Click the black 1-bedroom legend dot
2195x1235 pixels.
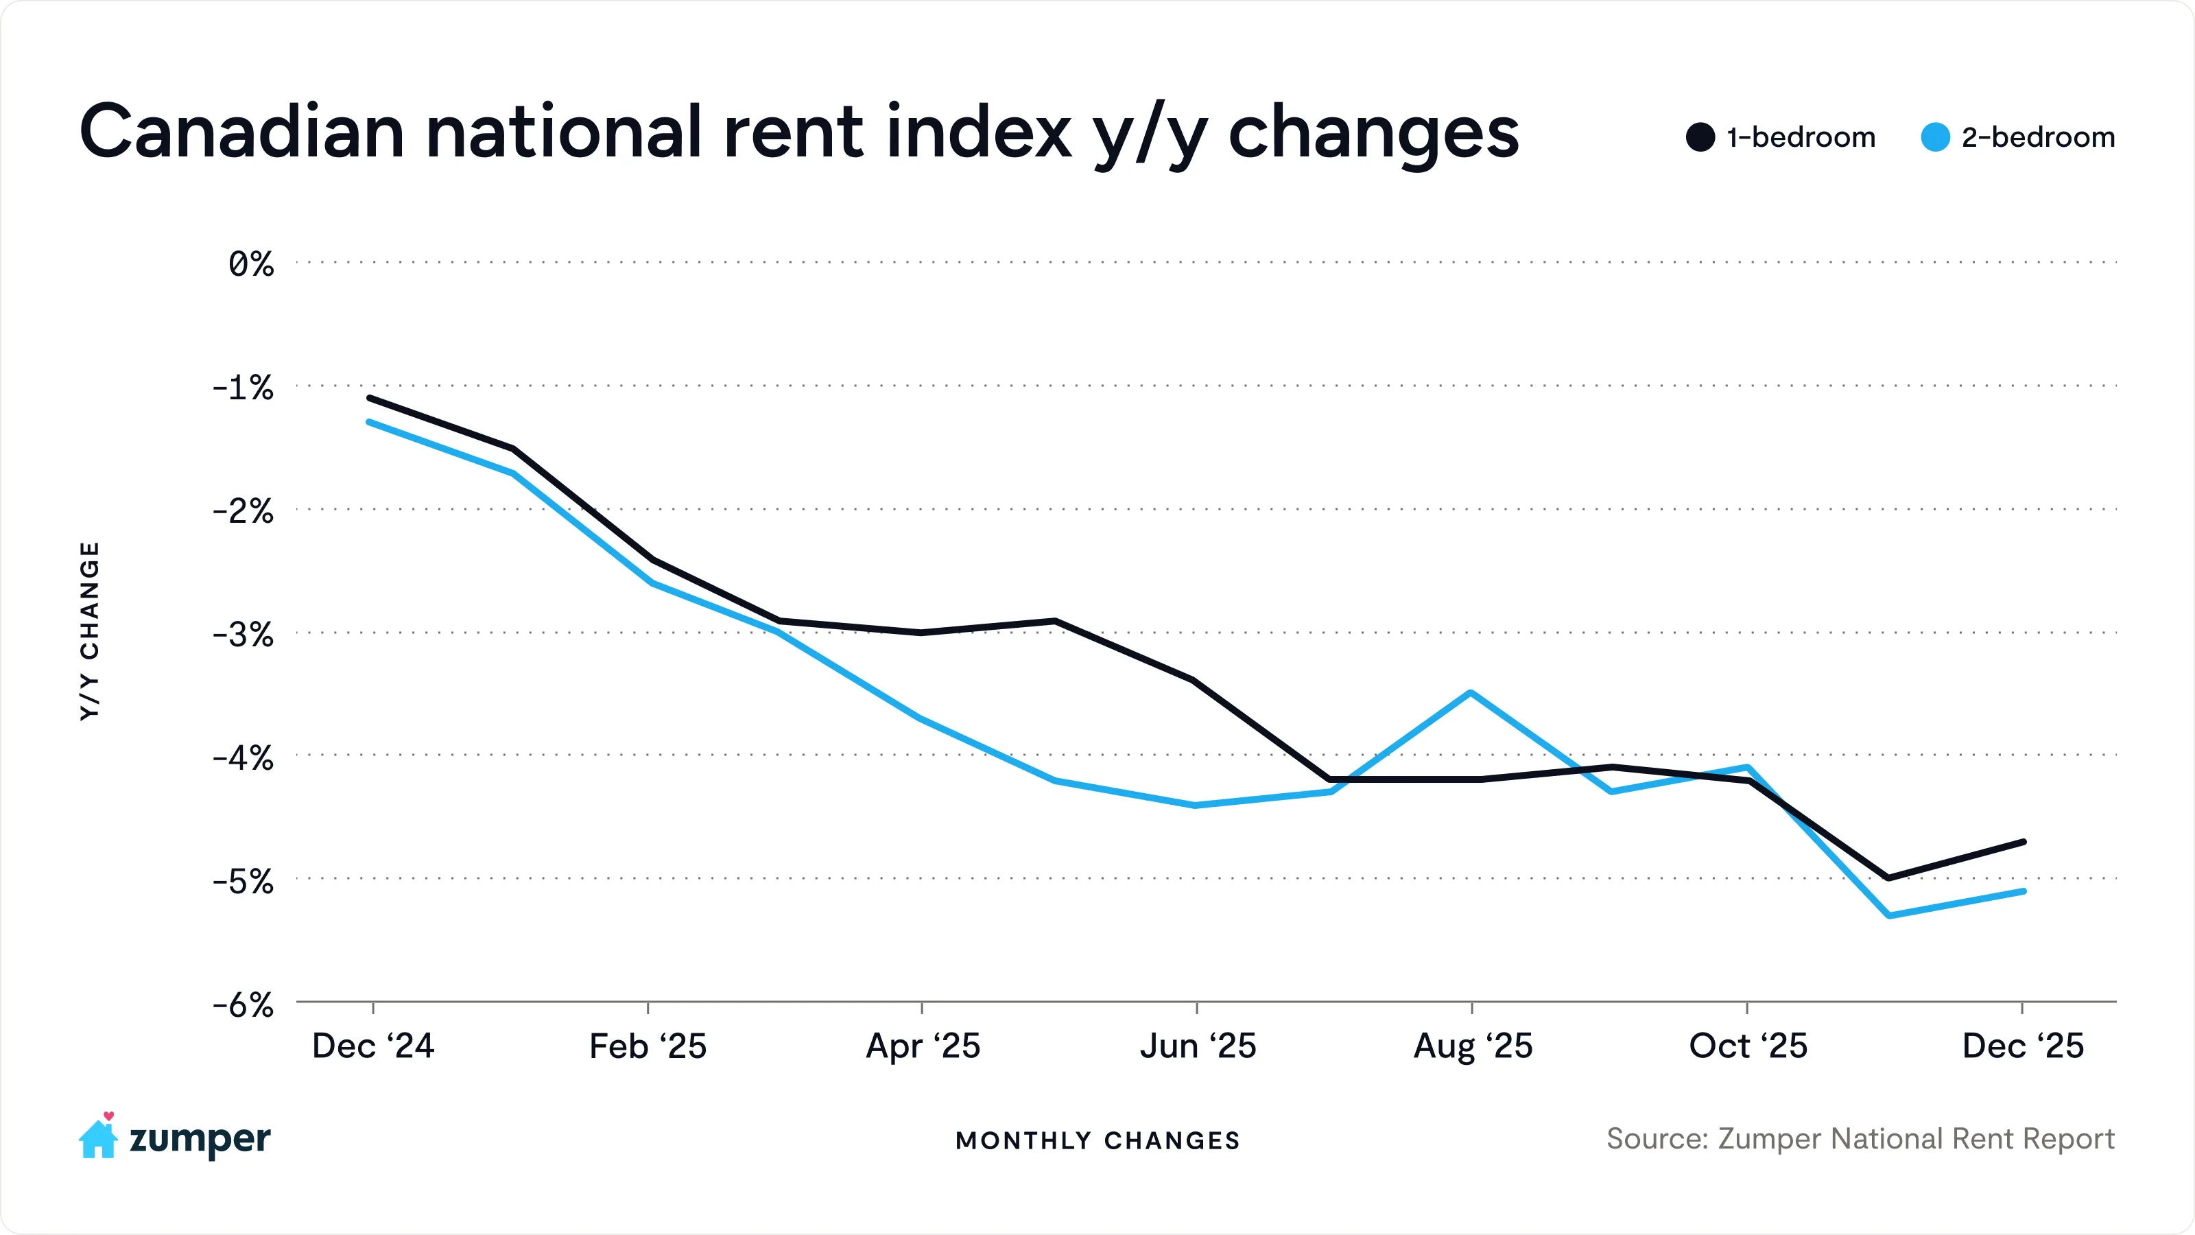(x=1700, y=137)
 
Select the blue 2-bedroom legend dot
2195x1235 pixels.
(x=1935, y=137)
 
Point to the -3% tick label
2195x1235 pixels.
(x=243, y=635)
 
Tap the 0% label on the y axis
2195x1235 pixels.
(x=250, y=264)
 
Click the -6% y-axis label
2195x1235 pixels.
(x=243, y=1006)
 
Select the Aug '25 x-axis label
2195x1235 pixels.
(x=1473, y=1046)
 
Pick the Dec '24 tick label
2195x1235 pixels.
(x=373, y=1046)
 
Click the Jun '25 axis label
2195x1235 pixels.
(x=1197, y=1046)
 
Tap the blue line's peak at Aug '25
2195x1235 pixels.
(x=1471, y=693)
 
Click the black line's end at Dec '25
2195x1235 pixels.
(x=2024, y=842)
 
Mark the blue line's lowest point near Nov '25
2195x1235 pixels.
(x=1889, y=915)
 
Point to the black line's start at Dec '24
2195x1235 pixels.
(x=369, y=398)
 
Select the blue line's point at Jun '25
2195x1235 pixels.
(x=1196, y=805)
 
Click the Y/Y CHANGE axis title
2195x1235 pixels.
(x=89, y=631)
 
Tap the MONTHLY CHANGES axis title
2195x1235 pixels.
(x=1097, y=1140)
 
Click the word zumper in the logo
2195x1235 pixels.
(x=200, y=1140)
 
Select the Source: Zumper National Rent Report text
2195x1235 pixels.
(x=1860, y=1139)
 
